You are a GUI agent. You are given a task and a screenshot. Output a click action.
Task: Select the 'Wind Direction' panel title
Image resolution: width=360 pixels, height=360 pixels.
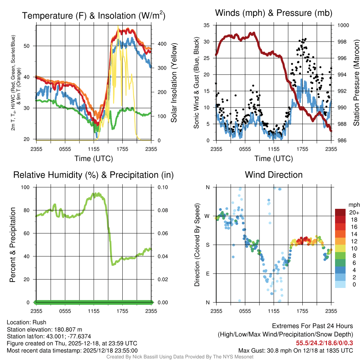[x=274, y=175]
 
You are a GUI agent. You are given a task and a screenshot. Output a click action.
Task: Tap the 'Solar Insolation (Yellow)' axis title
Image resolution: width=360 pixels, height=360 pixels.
[x=173, y=83]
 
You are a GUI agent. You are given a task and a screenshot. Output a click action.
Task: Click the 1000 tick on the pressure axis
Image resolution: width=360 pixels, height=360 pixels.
[x=343, y=25]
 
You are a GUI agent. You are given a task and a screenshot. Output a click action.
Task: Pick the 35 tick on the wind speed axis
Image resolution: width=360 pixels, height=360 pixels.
[x=207, y=25]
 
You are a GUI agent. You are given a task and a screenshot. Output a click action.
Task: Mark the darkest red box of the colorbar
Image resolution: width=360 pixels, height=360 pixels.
[x=341, y=212]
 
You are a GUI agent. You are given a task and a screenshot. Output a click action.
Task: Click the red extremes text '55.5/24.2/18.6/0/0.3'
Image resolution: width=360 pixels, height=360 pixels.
[x=324, y=343]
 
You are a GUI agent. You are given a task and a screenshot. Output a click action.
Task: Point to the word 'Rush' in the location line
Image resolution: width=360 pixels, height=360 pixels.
[x=39, y=322]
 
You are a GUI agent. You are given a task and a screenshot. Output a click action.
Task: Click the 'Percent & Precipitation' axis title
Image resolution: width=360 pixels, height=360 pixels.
[x=12, y=245]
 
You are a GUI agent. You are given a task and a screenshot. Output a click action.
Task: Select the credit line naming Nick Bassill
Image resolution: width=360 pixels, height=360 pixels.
[x=180, y=357]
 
